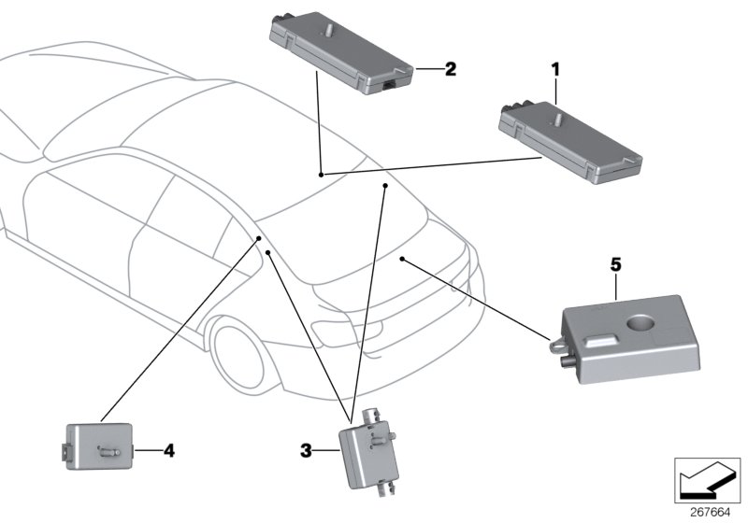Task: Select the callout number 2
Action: [450, 69]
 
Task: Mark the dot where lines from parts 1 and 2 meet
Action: [321, 175]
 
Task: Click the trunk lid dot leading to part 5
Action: [401, 257]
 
